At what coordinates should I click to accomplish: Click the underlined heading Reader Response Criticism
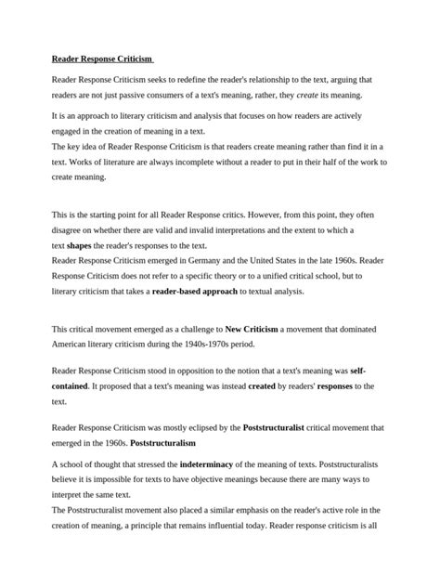[x=102, y=59]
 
